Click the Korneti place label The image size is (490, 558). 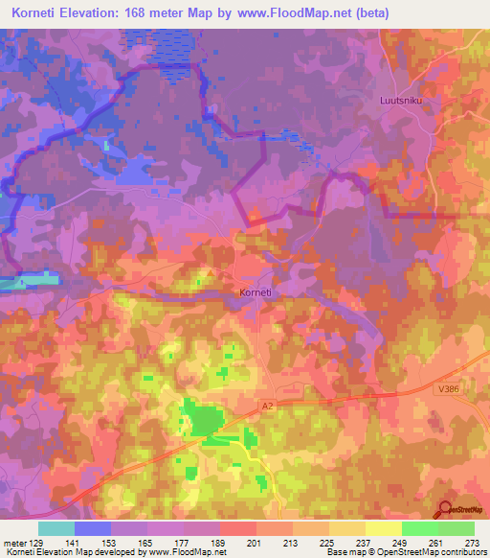(256, 294)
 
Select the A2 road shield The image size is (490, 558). (269, 407)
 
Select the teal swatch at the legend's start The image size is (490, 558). (56, 528)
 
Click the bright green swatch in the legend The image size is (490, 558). (419, 528)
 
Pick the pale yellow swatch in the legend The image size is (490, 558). (383, 528)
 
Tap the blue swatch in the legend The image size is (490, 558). (93, 528)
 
